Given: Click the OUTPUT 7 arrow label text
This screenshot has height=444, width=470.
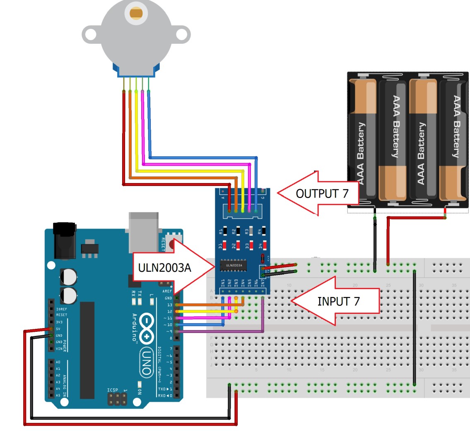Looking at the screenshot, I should click(322, 193).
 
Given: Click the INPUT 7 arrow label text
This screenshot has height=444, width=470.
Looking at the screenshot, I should click(338, 302).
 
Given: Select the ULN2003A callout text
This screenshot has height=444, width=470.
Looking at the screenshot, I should click(165, 268).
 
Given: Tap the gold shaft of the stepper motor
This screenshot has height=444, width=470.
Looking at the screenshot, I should click(136, 12).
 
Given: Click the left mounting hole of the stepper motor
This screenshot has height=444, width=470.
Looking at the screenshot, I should click(92, 34).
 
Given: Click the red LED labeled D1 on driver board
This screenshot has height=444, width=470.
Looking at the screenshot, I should click(224, 245).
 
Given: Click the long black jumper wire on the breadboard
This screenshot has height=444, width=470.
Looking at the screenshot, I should click(415, 327).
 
